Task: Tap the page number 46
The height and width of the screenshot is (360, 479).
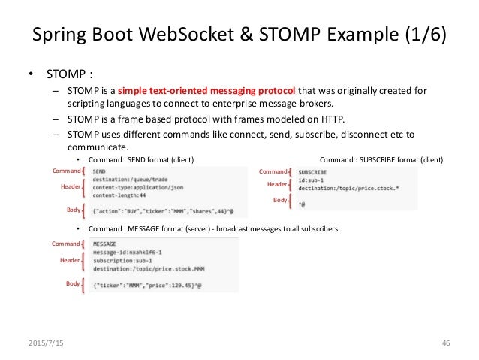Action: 445,343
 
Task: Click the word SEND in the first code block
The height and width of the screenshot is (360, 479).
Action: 100,171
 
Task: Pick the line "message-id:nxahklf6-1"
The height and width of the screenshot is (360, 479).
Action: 127,253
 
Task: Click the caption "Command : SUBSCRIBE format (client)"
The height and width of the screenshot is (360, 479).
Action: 381,159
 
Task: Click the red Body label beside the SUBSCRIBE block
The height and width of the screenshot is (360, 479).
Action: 280,201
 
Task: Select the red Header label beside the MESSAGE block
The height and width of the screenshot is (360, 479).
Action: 70,260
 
